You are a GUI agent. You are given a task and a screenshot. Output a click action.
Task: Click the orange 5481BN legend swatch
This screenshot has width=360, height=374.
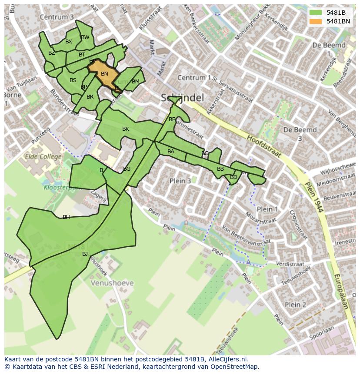click(x=316, y=21)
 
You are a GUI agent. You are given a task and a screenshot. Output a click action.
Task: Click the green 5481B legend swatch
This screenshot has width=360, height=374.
click(x=316, y=13)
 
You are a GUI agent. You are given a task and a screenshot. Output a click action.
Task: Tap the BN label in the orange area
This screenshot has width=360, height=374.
click(x=104, y=74)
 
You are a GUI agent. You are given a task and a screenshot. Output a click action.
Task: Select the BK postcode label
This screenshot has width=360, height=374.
click(x=126, y=129)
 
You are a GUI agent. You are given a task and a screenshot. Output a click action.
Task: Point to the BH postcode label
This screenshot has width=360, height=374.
click(x=66, y=217)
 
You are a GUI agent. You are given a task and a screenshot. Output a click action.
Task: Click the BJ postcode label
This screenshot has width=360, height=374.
click(x=85, y=254)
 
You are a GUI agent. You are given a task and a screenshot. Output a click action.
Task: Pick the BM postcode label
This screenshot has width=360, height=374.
click(x=135, y=82)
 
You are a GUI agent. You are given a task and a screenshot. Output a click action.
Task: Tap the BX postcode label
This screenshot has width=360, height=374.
click(x=69, y=42)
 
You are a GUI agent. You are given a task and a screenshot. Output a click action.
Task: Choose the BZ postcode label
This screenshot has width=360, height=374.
click(x=52, y=53)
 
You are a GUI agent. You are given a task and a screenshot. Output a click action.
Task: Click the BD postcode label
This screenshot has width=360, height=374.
click(x=233, y=177)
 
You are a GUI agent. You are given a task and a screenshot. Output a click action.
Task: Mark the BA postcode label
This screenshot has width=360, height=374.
click(x=171, y=152)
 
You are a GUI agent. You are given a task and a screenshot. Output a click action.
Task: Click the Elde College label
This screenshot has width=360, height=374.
click(x=43, y=156)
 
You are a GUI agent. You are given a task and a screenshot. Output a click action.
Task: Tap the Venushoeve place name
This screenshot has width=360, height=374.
click(x=112, y=283)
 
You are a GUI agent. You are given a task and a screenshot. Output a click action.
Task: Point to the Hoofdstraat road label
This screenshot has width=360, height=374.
click(x=264, y=146)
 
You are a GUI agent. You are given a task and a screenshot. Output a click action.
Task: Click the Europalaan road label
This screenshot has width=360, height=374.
click(x=341, y=291)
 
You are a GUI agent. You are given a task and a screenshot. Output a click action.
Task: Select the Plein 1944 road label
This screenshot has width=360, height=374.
click(x=315, y=196)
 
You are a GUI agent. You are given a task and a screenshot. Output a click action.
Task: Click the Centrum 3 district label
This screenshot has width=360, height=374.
click(x=57, y=17)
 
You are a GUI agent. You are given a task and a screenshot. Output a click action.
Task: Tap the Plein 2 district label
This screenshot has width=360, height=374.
click(x=295, y=304)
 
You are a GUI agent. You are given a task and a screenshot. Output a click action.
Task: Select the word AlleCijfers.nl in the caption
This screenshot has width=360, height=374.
click(x=226, y=359)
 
